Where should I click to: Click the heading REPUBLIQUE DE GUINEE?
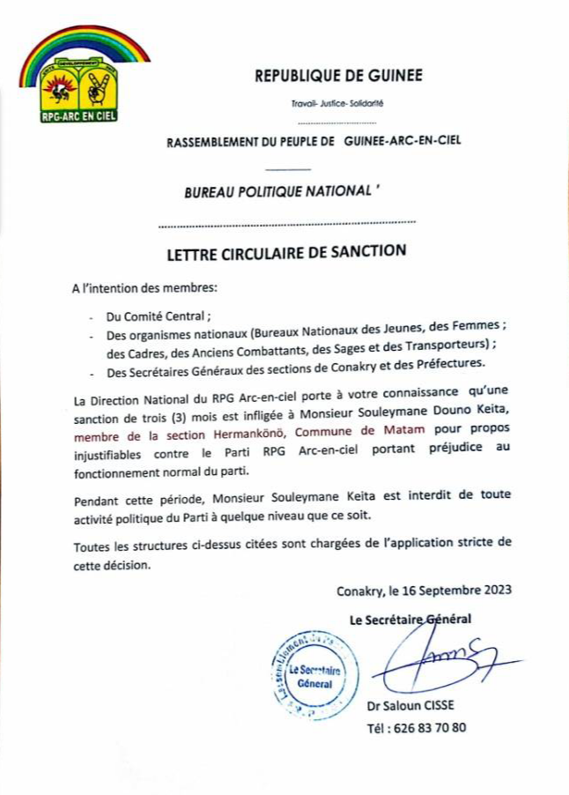[x=339, y=76]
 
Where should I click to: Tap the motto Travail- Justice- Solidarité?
[x=337, y=103]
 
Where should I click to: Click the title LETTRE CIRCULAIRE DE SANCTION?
[x=286, y=252]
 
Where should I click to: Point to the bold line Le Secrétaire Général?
[x=410, y=620]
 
